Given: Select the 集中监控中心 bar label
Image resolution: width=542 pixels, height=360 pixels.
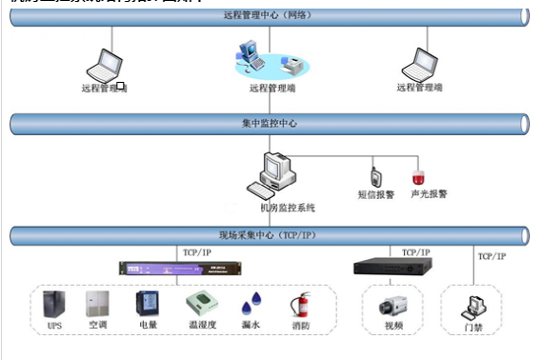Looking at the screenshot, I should click(270, 124).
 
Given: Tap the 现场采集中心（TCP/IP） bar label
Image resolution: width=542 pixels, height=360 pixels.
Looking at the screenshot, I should click(270, 234).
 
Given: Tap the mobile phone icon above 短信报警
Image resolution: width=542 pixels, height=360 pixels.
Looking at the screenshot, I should click(376, 177).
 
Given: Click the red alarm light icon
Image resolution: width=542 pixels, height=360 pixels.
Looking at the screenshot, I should click(417, 177).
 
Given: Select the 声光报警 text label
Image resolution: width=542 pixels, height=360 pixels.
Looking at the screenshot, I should click(429, 193).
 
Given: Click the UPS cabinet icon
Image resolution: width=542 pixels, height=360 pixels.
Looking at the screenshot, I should click(54, 305).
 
